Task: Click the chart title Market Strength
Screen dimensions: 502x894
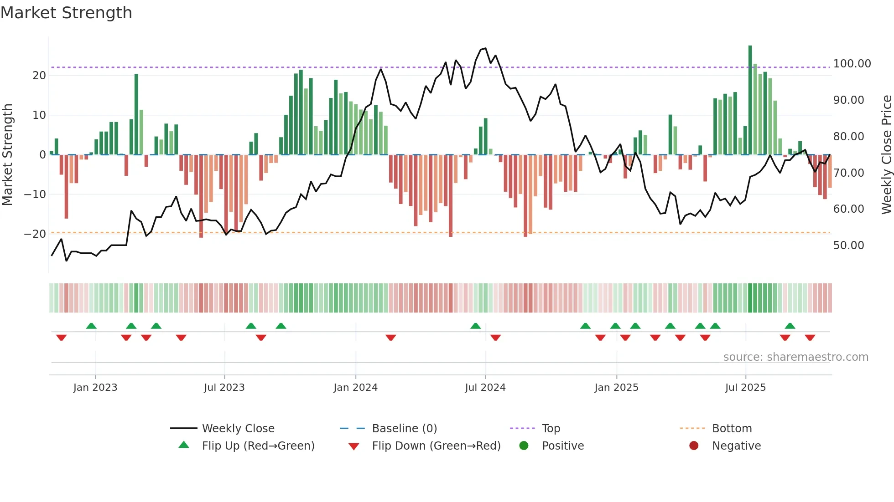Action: [x=66, y=13]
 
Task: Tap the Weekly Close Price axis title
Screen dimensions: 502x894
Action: [x=886, y=154]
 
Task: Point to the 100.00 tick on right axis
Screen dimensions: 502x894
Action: [x=852, y=64]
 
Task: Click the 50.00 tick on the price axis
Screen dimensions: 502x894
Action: [x=848, y=246]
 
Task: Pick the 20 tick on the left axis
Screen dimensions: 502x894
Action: [x=39, y=76]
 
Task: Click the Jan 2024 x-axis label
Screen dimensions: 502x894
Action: [x=355, y=388]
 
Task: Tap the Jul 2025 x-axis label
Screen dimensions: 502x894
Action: [x=745, y=388]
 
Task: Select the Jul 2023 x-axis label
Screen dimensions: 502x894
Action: [x=224, y=388]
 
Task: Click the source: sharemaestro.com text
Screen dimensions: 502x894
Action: [x=795, y=357]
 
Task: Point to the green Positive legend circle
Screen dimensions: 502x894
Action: [x=524, y=446]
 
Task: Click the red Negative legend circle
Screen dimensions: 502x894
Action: [x=694, y=446]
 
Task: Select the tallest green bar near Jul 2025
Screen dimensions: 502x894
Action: [x=750, y=100]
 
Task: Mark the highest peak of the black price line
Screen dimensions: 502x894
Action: [x=485, y=48]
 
